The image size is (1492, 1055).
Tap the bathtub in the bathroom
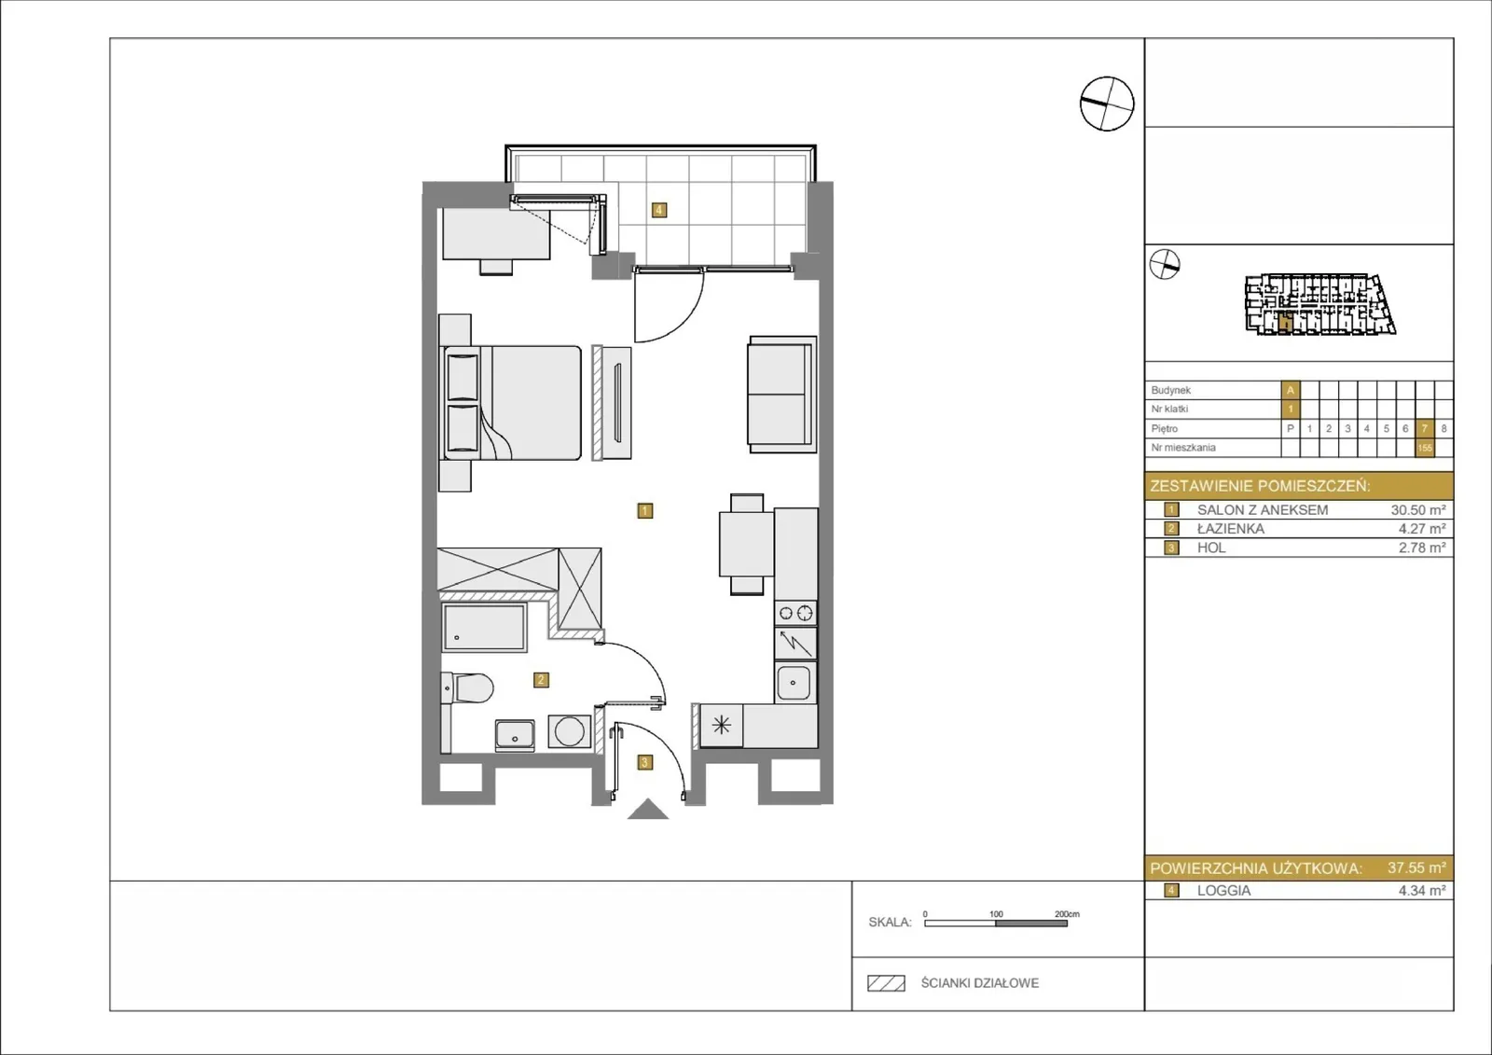pos(484,627)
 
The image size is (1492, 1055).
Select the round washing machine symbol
pos(570,731)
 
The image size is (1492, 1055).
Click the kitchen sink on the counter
pos(795,683)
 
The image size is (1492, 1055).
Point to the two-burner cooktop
pos(796,613)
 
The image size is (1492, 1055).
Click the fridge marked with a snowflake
pos(722,725)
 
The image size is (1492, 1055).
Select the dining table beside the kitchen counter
pos(747,544)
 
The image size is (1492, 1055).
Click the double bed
pos(512,403)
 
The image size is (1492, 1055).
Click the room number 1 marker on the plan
pos(644,510)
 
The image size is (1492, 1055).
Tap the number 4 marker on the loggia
pos(658,210)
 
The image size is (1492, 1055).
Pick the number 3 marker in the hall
pos(644,762)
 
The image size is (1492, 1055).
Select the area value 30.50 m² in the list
pos(1418,510)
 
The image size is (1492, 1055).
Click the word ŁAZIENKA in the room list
pos(1230,529)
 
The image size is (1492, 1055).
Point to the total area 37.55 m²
pos(1416,868)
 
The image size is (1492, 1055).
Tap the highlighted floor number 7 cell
pos(1424,428)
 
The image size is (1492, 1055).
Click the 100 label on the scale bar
pos(996,914)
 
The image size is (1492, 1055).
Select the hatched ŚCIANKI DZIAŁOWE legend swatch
pos(886,983)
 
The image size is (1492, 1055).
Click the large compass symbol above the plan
pos(1107,104)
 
